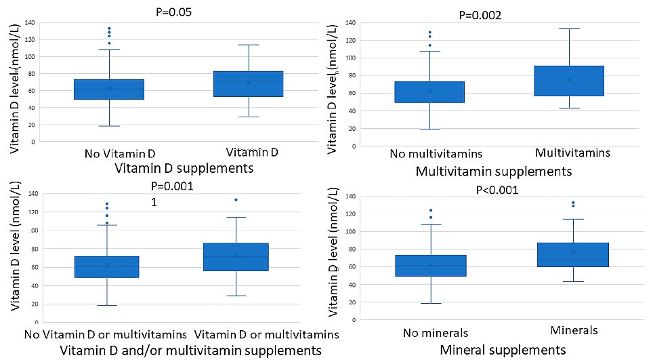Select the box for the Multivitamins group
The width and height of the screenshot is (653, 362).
(569, 81)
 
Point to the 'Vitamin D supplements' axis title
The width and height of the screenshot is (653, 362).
(185, 167)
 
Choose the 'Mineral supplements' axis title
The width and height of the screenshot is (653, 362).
(503, 350)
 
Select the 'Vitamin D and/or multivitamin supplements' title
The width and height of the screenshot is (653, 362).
(190, 350)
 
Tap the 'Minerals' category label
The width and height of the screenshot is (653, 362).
(574, 330)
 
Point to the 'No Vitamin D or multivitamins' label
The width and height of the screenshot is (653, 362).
(105, 334)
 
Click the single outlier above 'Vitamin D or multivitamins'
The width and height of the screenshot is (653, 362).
(236, 200)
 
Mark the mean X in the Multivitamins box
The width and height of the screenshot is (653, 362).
(569, 80)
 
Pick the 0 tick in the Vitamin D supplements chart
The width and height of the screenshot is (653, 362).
(33, 142)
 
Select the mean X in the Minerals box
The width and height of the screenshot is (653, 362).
(574, 253)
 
